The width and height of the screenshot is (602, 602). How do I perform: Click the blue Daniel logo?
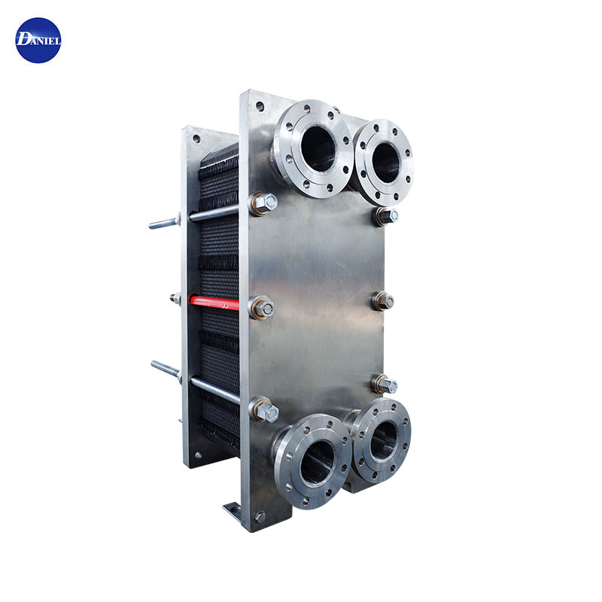pyautogui.click(x=38, y=41)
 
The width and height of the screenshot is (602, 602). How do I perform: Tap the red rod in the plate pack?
pyautogui.click(x=214, y=303)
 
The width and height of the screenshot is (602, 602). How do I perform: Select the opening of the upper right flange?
pyautogui.click(x=385, y=163)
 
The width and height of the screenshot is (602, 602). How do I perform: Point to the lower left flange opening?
pyautogui.click(x=317, y=462)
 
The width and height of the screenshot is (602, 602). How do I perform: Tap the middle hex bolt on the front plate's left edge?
pyautogui.click(x=262, y=308)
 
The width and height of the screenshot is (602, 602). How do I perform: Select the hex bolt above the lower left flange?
pyautogui.click(x=265, y=410)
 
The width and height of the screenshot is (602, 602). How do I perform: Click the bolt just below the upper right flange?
pyautogui.click(x=385, y=217)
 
